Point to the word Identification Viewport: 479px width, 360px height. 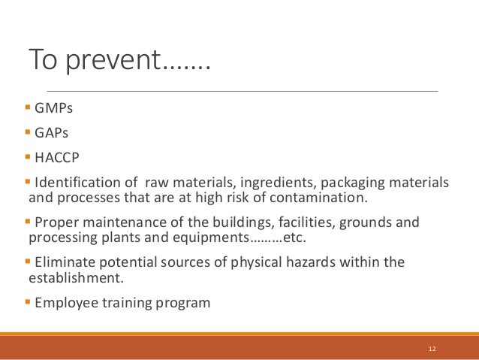79,183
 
